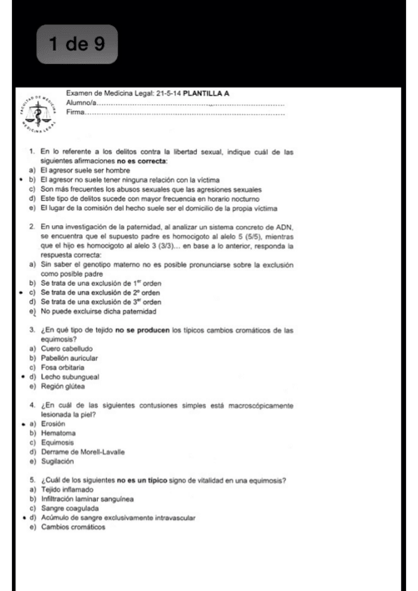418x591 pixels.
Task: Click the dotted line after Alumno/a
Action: tap(188, 104)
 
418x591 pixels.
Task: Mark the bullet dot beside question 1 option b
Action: tap(21, 178)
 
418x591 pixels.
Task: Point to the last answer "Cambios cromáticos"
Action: tap(75, 527)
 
